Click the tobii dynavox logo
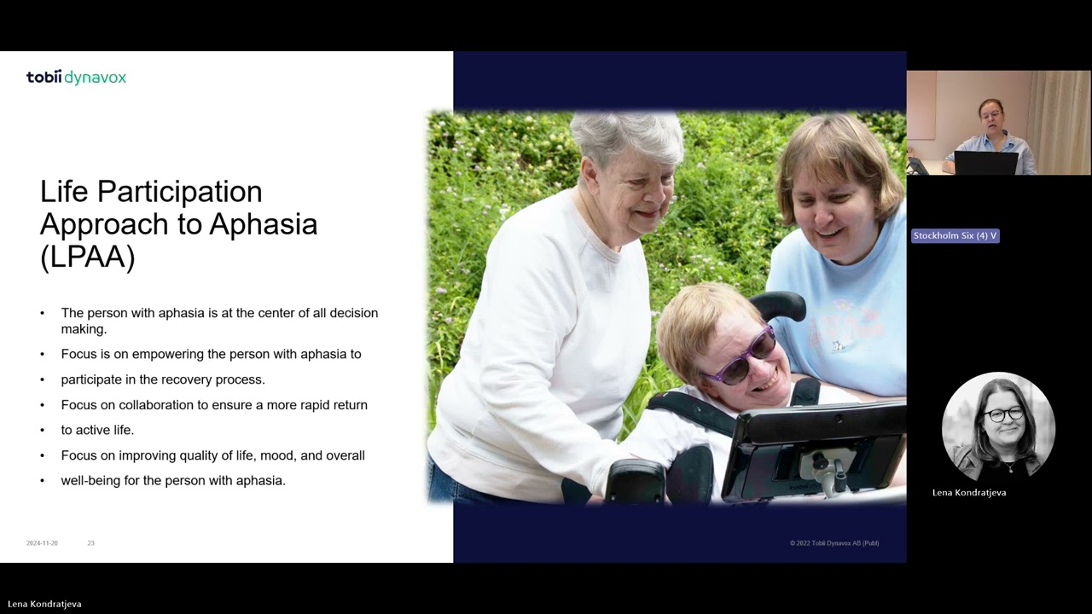(76, 78)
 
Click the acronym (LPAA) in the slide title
(87, 257)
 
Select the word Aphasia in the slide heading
(263, 224)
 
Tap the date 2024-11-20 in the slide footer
(42, 543)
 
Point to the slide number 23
(90, 543)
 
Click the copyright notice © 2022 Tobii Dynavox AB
(834, 543)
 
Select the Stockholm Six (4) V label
(955, 235)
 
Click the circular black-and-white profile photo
(998, 426)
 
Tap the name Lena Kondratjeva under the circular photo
(969, 493)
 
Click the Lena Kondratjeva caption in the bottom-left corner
(44, 604)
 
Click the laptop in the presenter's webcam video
(985, 163)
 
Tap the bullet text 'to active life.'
(97, 430)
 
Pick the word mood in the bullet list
(302, 455)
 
